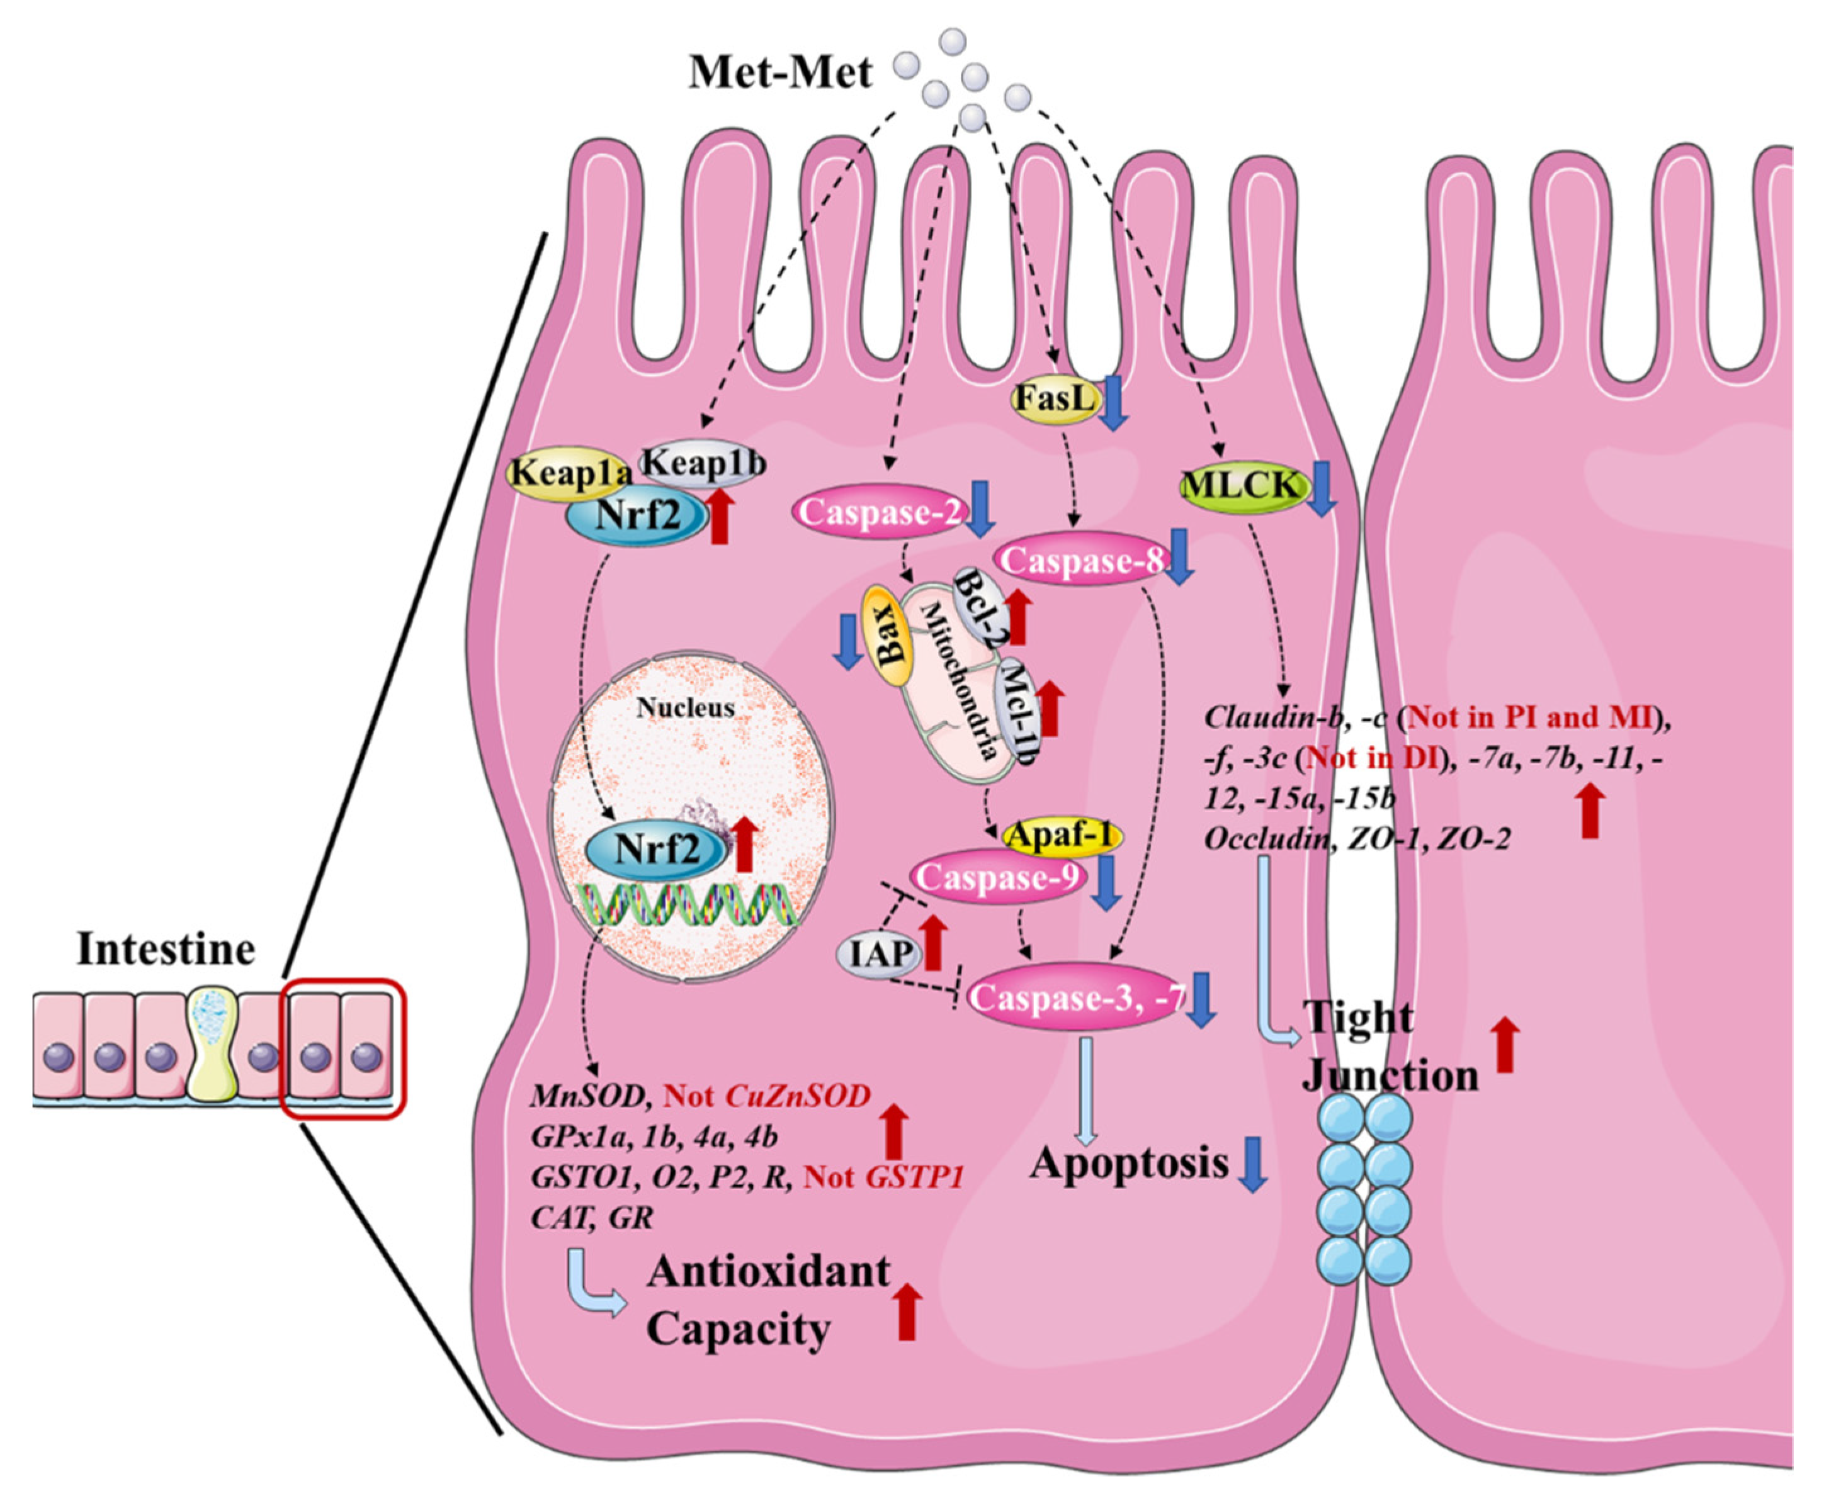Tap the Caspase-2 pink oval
click(879, 512)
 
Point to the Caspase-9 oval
click(998, 878)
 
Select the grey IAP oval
click(880, 954)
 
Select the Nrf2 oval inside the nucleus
click(656, 848)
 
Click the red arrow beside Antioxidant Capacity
click(907, 1312)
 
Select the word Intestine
click(165, 948)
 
